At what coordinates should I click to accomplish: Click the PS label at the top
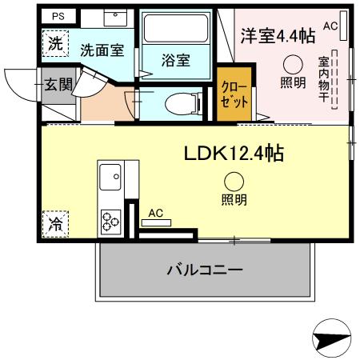[58, 15]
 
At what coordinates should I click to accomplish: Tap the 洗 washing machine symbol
[54, 44]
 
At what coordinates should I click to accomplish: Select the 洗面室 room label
[102, 50]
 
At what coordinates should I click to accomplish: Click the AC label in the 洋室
[330, 26]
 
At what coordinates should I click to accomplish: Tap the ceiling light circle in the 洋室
[293, 66]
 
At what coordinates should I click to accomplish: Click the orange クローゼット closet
[234, 98]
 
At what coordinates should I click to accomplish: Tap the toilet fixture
[178, 102]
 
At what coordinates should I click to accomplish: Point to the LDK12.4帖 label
[235, 152]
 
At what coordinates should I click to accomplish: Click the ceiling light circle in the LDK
[234, 182]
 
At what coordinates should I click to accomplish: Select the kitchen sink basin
[111, 174]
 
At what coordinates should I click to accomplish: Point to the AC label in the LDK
[156, 213]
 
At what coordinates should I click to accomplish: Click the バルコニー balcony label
[204, 270]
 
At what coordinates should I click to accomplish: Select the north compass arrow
[332, 340]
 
